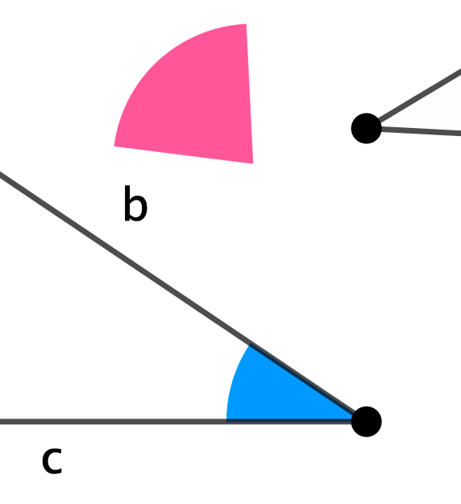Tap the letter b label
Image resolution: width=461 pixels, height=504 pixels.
point(135,203)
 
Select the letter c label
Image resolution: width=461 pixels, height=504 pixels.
point(52,460)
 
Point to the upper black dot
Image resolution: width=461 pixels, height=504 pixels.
point(366,128)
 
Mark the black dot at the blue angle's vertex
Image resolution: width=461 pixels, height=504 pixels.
point(366,422)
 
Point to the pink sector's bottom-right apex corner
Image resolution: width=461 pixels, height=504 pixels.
point(253,163)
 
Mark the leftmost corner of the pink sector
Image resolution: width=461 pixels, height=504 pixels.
point(114,146)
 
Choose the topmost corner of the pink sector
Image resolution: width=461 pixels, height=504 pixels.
point(246,24)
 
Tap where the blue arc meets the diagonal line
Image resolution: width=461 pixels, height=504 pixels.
point(251,345)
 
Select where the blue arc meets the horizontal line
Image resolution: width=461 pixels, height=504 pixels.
point(226,420)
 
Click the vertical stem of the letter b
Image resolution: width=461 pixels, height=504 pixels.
point(127,203)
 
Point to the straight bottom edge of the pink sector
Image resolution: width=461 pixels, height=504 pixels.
point(184,155)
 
